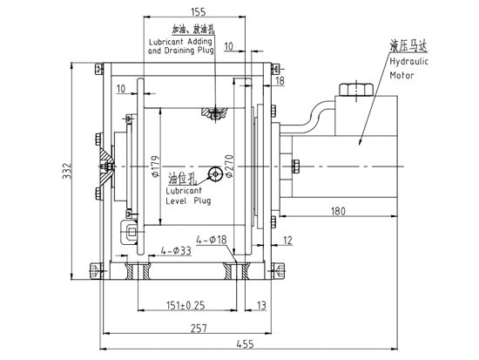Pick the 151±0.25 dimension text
(x=186, y=304)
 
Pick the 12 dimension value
(x=287, y=240)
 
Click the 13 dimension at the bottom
(x=261, y=304)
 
